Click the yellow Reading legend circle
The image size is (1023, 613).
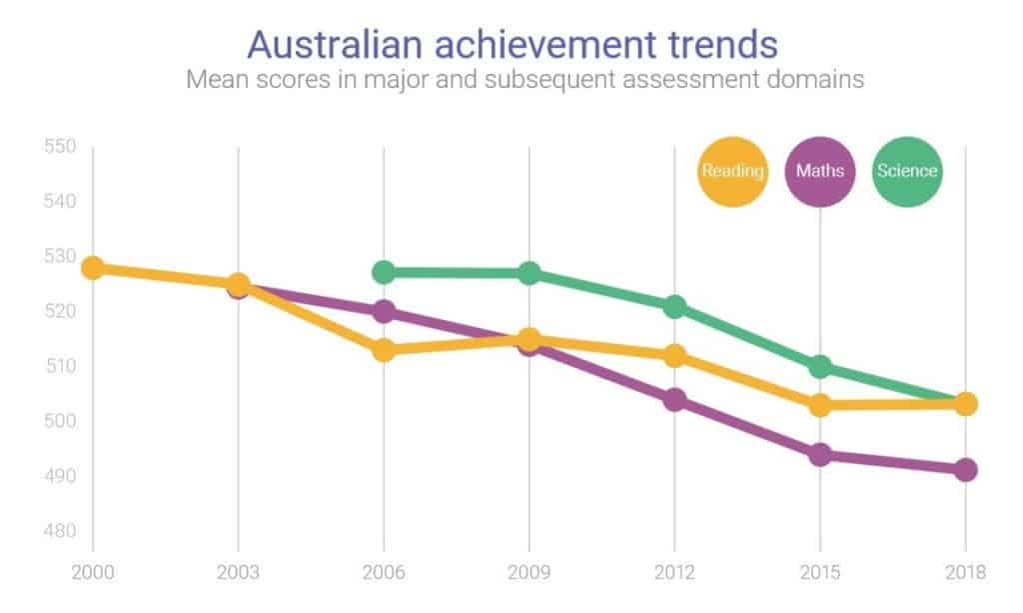click(732, 170)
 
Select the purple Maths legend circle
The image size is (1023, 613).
click(820, 170)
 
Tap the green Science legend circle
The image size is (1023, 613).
click(907, 170)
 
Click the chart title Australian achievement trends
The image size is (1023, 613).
click(511, 45)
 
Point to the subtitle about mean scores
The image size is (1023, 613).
click(524, 80)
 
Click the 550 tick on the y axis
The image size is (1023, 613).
click(60, 147)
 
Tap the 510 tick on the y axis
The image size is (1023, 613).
click(60, 366)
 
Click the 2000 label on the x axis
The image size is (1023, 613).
click(93, 573)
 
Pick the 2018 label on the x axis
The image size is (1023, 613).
click(965, 573)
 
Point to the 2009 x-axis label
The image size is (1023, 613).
click(529, 573)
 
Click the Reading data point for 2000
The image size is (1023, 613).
click(93, 268)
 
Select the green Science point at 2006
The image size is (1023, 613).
click(384, 272)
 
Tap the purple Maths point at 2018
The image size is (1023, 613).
click(965, 470)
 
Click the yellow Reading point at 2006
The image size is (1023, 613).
click(384, 350)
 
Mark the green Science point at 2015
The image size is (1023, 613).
click(820, 367)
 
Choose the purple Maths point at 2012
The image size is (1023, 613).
click(674, 400)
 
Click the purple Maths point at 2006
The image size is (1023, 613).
click(384, 311)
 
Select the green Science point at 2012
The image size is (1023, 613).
click(674, 306)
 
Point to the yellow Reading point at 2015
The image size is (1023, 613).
click(820, 405)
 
